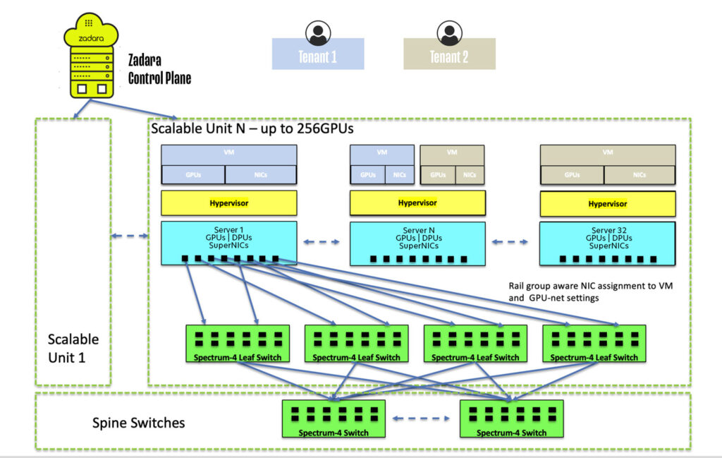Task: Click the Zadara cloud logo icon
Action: [x=90, y=32]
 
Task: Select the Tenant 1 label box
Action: [x=318, y=55]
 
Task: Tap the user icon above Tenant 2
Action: [x=449, y=32]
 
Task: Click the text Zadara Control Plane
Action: [x=159, y=69]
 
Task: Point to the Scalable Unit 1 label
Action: [x=73, y=348]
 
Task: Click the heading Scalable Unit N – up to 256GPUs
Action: [x=252, y=130]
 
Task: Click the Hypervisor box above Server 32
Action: [x=607, y=203]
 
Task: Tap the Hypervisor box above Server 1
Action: [x=228, y=203]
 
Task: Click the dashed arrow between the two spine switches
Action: [x=422, y=418]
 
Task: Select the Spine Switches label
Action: [x=139, y=423]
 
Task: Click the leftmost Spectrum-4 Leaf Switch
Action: [x=238, y=344]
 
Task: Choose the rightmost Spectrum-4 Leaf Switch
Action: [x=594, y=344]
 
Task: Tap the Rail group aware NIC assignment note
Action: [x=574, y=292]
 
